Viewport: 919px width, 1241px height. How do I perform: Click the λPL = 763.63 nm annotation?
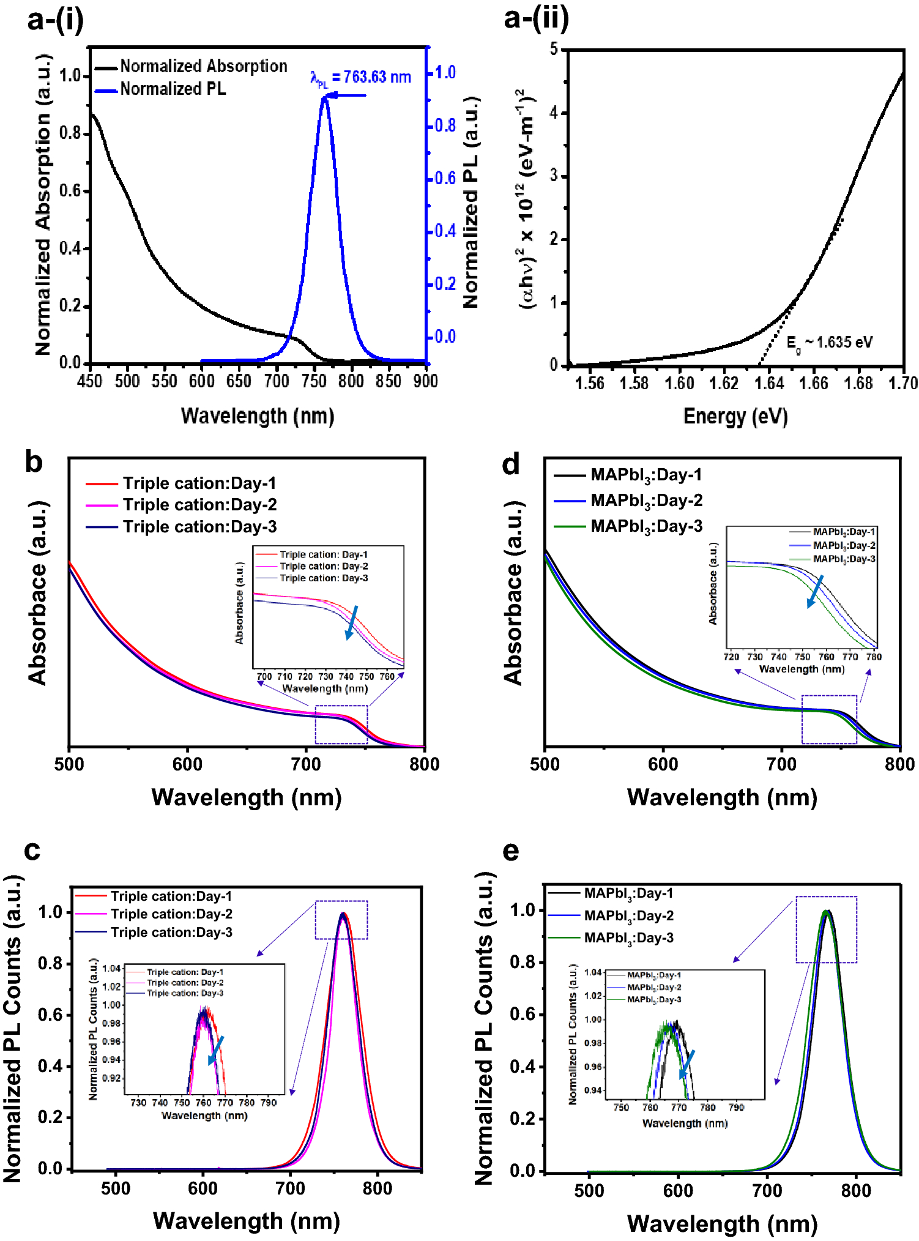coord(361,78)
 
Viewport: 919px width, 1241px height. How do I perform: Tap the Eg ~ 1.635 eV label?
coord(830,343)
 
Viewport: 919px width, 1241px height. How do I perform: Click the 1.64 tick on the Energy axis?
coord(768,384)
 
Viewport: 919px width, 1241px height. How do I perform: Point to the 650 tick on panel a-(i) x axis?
coord(239,381)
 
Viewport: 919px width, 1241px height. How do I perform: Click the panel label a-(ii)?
coord(536,18)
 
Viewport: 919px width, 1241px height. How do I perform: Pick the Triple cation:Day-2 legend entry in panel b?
coord(199,505)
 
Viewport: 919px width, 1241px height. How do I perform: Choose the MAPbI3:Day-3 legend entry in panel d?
coord(646,526)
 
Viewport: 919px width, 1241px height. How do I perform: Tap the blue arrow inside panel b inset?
coord(351,623)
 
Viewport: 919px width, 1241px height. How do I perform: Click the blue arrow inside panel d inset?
coord(815,591)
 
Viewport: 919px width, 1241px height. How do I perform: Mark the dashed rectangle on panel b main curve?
coord(341,725)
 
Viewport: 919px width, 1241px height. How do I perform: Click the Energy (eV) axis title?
coord(735,417)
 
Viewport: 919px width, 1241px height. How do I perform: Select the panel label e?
coord(510,851)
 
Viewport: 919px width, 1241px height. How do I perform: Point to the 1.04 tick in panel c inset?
coord(111,969)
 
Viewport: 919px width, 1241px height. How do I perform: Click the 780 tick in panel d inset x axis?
coord(874,657)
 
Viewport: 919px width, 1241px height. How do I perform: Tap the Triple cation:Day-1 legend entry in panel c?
coord(171,896)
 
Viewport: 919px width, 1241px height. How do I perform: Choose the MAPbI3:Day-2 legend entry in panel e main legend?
coord(628,916)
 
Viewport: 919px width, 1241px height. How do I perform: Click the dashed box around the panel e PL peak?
coord(826,930)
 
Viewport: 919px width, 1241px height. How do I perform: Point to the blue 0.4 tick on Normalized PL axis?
coord(445,231)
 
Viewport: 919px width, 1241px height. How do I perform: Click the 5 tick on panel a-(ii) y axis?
coord(554,49)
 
